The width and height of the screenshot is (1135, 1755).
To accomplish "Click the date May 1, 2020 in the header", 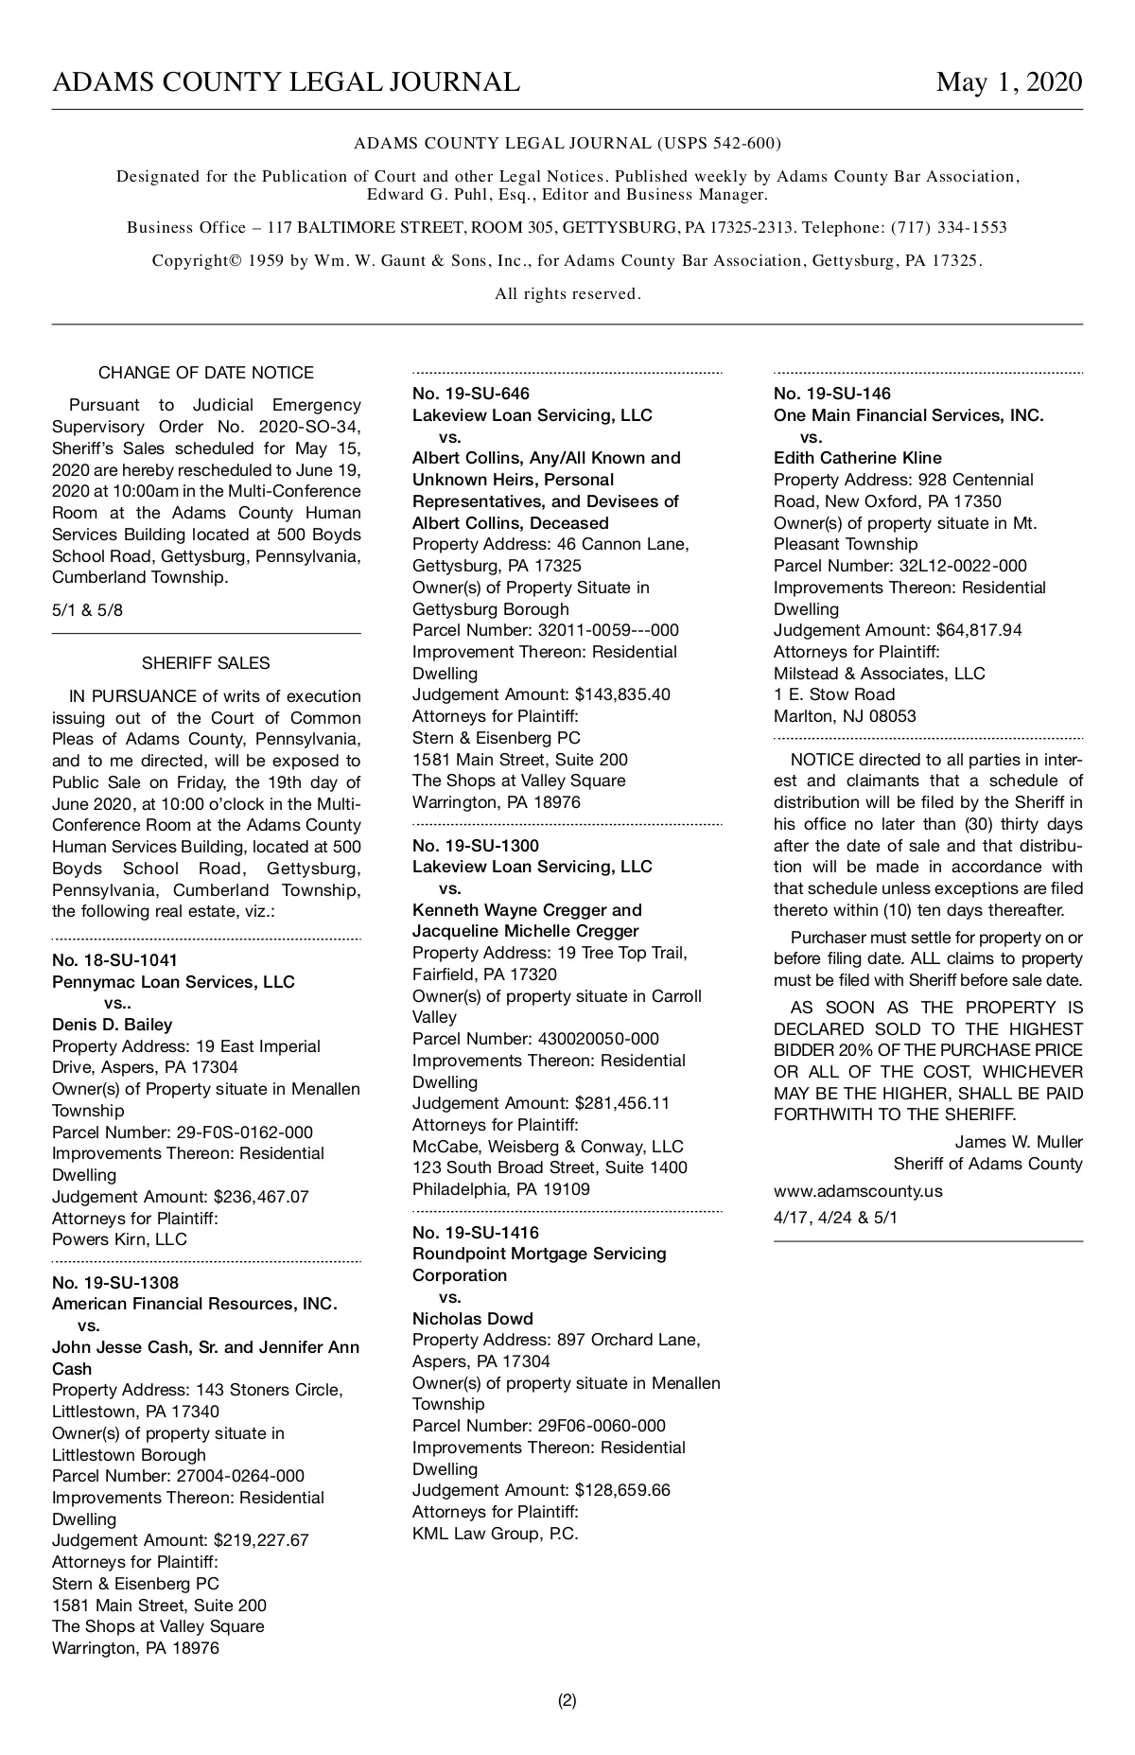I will click(1008, 83).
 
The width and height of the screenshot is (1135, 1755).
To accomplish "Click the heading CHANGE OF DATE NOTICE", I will click(206, 373).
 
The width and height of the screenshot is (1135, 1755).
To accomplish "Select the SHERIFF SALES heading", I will click(206, 663).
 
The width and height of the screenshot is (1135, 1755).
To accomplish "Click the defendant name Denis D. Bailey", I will click(113, 1025).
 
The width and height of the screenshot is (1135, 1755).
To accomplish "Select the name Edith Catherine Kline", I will click(858, 458).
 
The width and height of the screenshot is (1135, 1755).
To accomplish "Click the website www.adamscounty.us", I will click(858, 1191).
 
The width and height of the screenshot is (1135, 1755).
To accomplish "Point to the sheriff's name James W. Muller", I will click(1019, 1142).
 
